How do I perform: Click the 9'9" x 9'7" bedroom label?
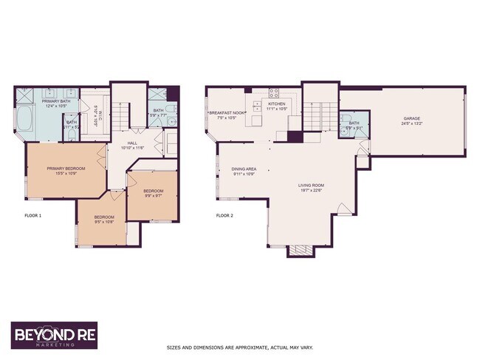pyautogui.click(x=153, y=193)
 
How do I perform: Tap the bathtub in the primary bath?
pyautogui.click(x=23, y=118)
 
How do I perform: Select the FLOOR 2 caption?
pyautogui.click(x=224, y=216)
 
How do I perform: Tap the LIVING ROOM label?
pyautogui.click(x=311, y=187)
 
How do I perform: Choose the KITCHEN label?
pyautogui.click(x=276, y=106)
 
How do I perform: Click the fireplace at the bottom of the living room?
pyautogui.click(x=301, y=250)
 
